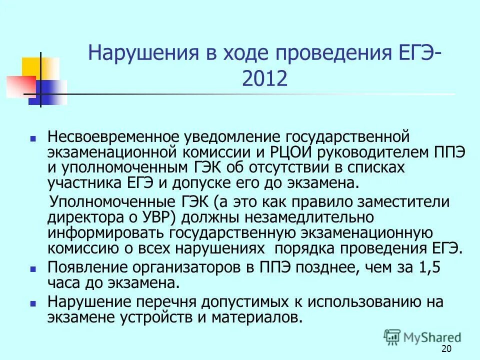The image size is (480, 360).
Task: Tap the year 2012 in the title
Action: (264, 78)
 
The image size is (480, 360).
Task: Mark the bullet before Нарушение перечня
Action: (33, 303)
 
